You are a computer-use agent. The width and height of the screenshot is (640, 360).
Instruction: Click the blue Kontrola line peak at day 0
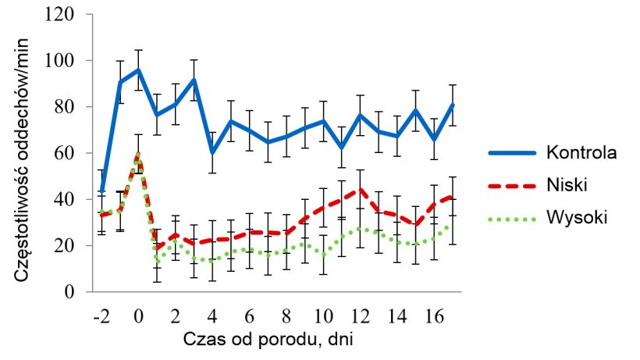138,70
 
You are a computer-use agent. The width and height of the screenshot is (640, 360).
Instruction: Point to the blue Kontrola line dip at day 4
211,152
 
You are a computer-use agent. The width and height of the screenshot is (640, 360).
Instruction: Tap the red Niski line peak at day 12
357,189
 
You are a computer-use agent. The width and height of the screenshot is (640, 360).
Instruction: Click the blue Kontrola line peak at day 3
193,80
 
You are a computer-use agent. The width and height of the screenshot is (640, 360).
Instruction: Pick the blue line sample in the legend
511,152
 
